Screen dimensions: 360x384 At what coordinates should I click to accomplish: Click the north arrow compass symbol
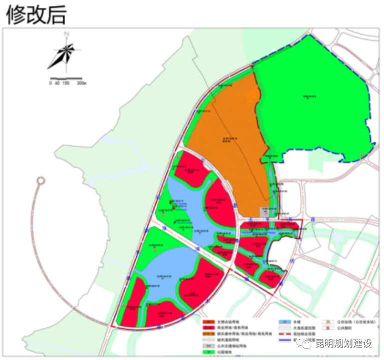point(62,55)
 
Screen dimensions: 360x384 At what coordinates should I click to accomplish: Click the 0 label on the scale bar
point(50,83)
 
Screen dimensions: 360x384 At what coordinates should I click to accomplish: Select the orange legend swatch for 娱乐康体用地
point(209,333)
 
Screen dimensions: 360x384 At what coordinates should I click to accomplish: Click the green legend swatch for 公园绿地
point(209,352)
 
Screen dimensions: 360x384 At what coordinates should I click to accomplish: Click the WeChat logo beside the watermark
point(305,343)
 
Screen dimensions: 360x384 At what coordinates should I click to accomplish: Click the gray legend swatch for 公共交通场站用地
point(209,345)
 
